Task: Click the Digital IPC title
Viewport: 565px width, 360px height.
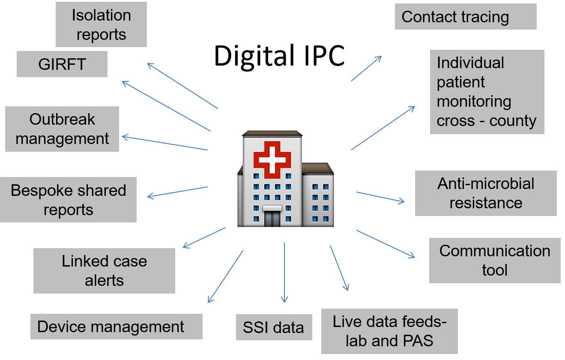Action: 279,56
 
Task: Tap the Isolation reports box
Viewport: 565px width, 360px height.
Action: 101,24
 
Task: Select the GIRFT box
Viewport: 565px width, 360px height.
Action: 62,64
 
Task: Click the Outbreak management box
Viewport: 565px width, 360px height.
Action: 62,129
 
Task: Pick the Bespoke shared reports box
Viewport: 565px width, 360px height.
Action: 68,200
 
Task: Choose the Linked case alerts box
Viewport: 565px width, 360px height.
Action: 104,271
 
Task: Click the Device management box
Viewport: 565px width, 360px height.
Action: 116,327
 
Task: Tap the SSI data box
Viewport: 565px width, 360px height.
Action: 274,327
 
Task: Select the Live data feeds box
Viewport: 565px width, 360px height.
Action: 389,331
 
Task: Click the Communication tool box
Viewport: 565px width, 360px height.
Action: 495,260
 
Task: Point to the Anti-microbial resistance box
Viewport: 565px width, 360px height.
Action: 486,193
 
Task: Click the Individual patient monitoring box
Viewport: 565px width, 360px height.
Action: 487,92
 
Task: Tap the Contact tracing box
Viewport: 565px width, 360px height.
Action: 466,16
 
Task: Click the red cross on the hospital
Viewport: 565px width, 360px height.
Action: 272,160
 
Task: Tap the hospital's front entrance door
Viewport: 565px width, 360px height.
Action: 272,218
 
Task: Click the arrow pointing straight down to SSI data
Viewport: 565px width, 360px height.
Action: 284,273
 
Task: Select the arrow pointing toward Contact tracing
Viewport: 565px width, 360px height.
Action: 367,69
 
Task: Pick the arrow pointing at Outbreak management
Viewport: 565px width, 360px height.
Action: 165,142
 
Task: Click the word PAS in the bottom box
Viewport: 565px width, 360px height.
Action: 418,341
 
